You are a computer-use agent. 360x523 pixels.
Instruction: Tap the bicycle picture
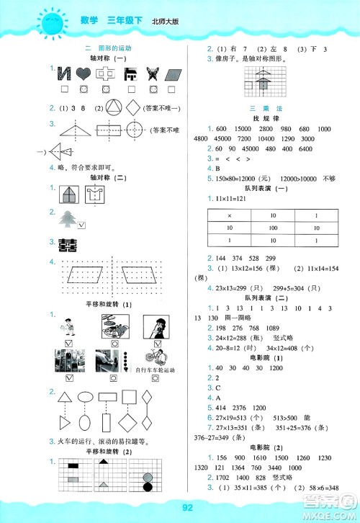[x=151, y=356]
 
